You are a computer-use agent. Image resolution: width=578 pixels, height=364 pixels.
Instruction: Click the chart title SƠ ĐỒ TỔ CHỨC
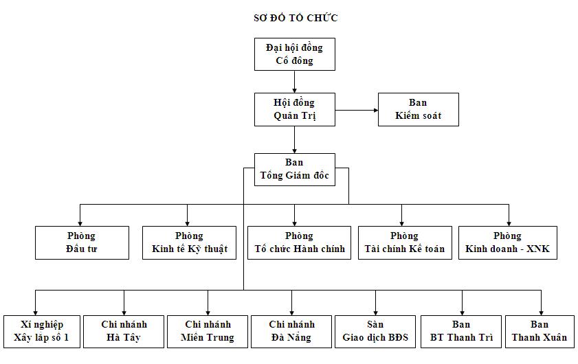click(295, 18)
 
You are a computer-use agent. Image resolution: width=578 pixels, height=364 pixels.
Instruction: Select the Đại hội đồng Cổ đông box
click(294, 54)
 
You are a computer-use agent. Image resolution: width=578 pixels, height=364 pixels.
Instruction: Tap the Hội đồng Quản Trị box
click(294, 109)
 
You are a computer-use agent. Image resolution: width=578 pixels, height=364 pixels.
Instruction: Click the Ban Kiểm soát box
click(418, 109)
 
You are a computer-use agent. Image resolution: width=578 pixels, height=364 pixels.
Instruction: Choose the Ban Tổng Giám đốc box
click(294, 169)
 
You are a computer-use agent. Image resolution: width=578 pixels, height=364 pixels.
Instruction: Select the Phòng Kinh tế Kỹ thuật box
click(190, 242)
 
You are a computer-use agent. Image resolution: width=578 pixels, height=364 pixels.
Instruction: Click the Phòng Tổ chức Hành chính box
click(300, 242)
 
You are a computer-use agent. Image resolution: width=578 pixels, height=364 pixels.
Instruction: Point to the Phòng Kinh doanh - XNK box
click(507, 242)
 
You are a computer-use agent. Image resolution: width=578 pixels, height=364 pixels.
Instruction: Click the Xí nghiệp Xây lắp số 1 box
click(42, 331)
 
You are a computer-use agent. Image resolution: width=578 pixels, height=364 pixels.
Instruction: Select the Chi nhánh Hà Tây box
click(124, 331)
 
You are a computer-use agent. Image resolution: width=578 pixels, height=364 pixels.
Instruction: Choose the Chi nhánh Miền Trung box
click(208, 331)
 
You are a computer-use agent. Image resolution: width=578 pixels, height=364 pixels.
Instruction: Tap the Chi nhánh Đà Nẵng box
click(291, 331)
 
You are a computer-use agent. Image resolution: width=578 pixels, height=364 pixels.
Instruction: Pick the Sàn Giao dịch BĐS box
click(375, 331)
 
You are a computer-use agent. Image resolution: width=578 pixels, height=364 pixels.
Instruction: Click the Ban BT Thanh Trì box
click(461, 331)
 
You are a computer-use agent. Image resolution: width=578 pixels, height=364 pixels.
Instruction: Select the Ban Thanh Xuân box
click(540, 331)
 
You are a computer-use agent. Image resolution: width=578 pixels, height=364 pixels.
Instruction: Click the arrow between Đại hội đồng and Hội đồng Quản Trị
click(294, 82)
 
